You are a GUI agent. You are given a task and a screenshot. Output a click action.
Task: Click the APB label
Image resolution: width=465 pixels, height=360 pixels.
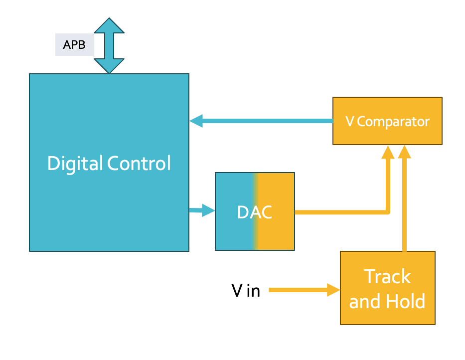pyautogui.click(x=74, y=45)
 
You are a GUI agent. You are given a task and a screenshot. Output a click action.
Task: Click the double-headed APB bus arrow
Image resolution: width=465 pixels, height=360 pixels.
pyautogui.click(x=109, y=46)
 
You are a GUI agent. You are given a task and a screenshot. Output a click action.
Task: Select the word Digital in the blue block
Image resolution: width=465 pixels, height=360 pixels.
pyautogui.click(x=75, y=164)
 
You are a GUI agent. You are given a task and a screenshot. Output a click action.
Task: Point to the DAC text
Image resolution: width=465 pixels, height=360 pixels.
pyautogui.click(x=254, y=212)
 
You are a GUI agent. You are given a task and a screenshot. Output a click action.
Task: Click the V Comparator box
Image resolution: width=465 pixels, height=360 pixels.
pyautogui.click(x=387, y=121)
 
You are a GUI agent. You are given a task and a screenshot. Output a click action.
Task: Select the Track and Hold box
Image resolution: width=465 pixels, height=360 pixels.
pyautogui.click(x=387, y=288)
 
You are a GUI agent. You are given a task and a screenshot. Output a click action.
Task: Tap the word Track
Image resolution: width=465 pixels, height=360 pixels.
pyautogui.click(x=387, y=276)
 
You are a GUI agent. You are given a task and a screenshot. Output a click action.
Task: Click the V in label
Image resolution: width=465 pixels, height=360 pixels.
pyautogui.click(x=246, y=290)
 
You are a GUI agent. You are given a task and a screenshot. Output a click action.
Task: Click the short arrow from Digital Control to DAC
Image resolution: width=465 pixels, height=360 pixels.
pyautogui.click(x=202, y=211)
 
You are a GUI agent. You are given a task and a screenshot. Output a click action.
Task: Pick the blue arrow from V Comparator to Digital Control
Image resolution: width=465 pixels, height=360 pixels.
pyautogui.click(x=264, y=121)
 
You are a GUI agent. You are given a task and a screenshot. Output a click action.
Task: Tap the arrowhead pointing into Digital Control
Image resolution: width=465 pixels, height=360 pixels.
pyautogui.click(x=196, y=121)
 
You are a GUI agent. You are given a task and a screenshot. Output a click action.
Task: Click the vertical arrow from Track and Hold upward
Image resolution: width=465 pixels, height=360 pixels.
pyautogui.click(x=404, y=199)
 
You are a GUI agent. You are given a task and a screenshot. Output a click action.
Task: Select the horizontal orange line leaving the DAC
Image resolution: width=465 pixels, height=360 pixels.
pyautogui.click(x=339, y=212)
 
